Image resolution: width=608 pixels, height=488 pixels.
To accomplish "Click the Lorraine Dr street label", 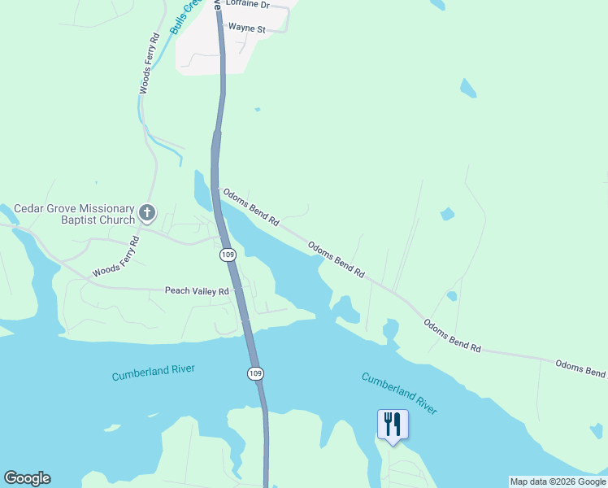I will point(247,4).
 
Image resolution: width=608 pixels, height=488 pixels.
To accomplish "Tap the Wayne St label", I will point(247,28).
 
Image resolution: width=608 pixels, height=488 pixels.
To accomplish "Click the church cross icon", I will point(147,213).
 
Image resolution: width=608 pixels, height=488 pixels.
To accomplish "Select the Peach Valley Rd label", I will point(197,290).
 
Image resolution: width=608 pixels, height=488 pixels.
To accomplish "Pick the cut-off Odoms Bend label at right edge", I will point(581,368).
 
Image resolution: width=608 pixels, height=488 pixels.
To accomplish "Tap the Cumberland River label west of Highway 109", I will point(153,373).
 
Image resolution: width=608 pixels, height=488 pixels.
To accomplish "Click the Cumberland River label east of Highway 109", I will point(399,394).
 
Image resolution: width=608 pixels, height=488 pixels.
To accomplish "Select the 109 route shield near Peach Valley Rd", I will point(228,255).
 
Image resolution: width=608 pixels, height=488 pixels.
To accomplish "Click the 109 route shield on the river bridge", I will point(255,373).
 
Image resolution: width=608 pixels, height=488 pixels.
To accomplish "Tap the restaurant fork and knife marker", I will point(393,424).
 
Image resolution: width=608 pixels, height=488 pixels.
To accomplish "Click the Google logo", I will point(27,478).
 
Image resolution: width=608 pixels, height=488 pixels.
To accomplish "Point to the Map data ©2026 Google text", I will point(558,481).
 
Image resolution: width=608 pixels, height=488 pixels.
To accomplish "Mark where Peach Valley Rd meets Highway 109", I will point(237,290).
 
